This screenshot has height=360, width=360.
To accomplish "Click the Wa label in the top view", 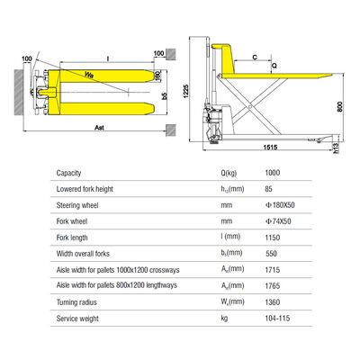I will (x=89, y=75).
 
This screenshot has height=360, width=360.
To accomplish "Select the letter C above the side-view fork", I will (x=256, y=56).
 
